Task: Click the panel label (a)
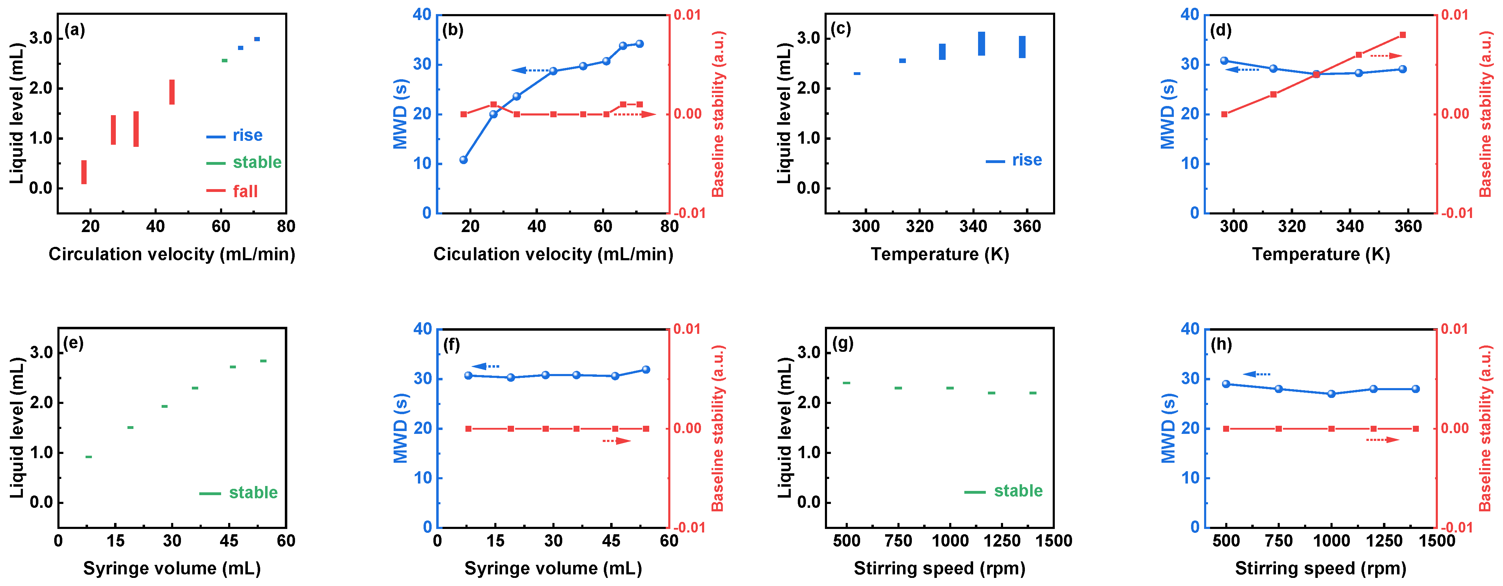pos(75,30)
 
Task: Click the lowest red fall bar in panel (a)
pos(84,172)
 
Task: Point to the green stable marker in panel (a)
pos(224,60)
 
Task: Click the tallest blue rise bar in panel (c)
pos(981,44)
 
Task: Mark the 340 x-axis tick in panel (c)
pos(973,226)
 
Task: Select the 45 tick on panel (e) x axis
pos(229,541)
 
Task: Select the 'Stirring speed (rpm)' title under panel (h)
pos(1320,568)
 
